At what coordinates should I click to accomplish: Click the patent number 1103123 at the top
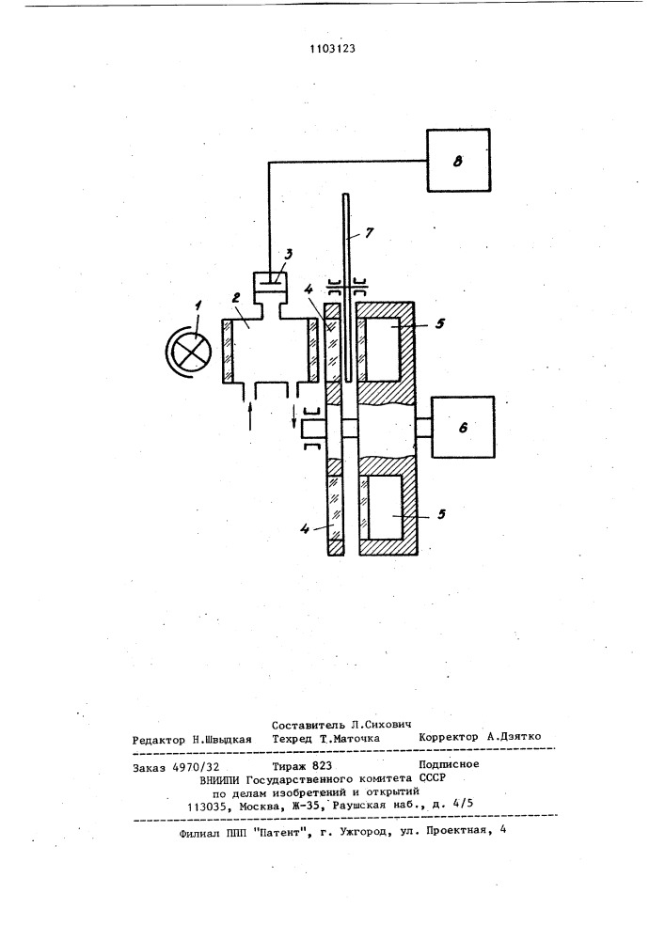pos(332,49)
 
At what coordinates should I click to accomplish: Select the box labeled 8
pos(459,160)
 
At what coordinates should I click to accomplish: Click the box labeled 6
pos(463,427)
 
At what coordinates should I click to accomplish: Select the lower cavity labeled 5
pos(385,508)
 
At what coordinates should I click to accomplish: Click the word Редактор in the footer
pos(159,740)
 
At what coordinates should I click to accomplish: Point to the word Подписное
pos(449,764)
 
